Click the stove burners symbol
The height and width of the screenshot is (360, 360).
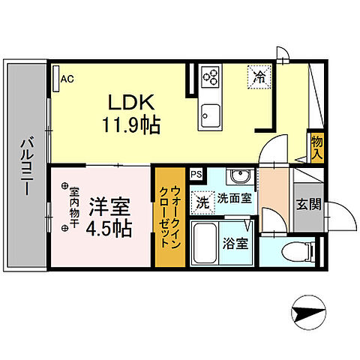(x=211, y=76)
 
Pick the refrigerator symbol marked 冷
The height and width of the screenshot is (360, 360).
(x=259, y=76)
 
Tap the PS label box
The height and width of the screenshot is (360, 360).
(x=196, y=175)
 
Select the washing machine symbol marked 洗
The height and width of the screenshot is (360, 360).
(x=202, y=201)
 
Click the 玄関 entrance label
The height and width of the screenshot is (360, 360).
(x=307, y=203)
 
